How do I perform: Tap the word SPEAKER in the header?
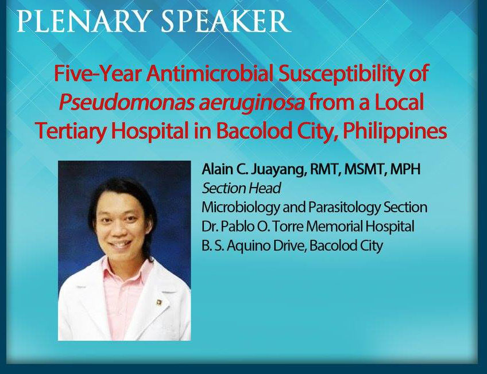tap(226, 21)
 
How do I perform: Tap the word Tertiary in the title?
tap(72, 132)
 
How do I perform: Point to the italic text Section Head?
tap(241, 188)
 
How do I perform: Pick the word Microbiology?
tap(241, 208)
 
